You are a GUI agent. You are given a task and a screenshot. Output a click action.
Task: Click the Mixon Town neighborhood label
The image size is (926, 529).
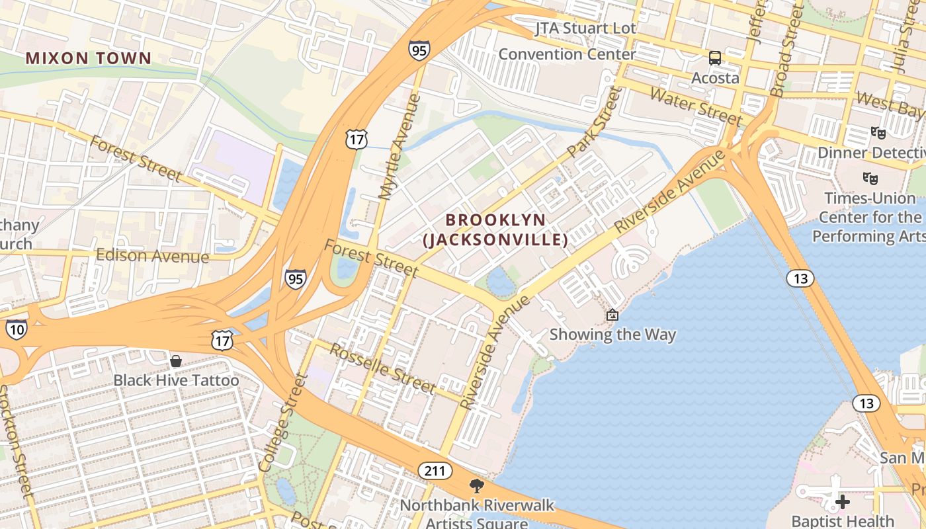(x=89, y=58)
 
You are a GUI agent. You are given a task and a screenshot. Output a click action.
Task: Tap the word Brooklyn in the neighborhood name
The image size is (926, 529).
(x=495, y=220)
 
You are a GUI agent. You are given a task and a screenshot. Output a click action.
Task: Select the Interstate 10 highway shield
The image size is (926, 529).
(x=17, y=329)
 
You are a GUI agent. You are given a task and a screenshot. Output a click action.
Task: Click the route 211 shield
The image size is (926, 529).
(x=435, y=471)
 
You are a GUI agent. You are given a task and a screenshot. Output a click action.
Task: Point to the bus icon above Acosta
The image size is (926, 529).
(x=715, y=58)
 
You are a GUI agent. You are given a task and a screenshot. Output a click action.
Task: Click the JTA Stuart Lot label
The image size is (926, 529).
(x=585, y=28)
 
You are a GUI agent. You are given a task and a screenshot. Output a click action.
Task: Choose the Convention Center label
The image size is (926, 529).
(x=567, y=54)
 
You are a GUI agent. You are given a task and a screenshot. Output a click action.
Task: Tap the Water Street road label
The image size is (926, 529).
(x=695, y=105)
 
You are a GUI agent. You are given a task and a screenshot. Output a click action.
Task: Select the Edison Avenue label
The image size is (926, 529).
(x=152, y=256)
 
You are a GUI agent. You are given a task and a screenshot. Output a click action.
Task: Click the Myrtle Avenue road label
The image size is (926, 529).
(x=400, y=146)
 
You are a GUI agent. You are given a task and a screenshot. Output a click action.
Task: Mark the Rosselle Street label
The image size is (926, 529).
(x=382, y=368)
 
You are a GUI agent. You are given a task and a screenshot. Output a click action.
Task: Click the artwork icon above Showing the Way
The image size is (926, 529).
(x=612, y=315)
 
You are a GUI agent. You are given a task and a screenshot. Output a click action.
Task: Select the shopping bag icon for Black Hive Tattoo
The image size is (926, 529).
(x=176, y=361)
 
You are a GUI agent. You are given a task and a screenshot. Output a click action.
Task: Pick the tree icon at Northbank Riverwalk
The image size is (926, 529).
(x=476, y=487)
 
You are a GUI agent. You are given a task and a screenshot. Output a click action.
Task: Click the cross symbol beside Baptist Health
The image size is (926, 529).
(x=842, y=502)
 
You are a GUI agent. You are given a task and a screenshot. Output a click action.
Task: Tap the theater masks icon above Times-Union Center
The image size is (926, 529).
(x=870, y=178)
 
